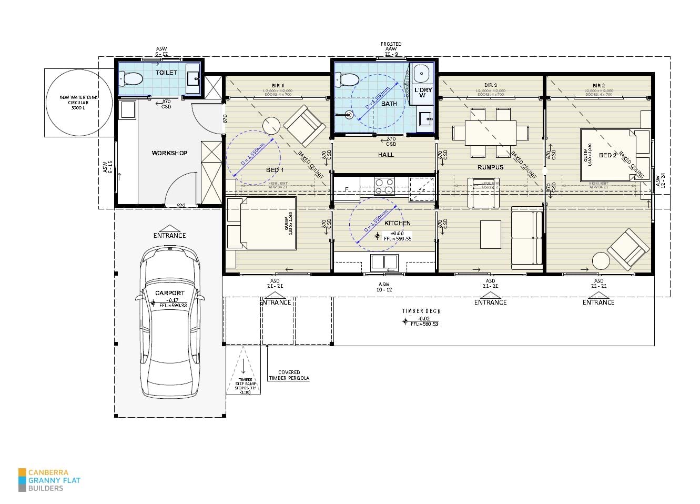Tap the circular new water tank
point(79,103)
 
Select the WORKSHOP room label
point(169,153)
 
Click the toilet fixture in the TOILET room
point(132,79)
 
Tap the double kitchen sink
point(384,261)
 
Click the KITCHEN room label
point(397,223)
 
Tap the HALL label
point(386,155)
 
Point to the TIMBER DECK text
point(421,311)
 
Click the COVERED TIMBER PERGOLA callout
point(289,375)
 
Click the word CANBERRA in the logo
point(48,472)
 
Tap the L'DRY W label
point(423,93)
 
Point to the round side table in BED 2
point(601,261)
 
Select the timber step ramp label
point(245,386)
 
